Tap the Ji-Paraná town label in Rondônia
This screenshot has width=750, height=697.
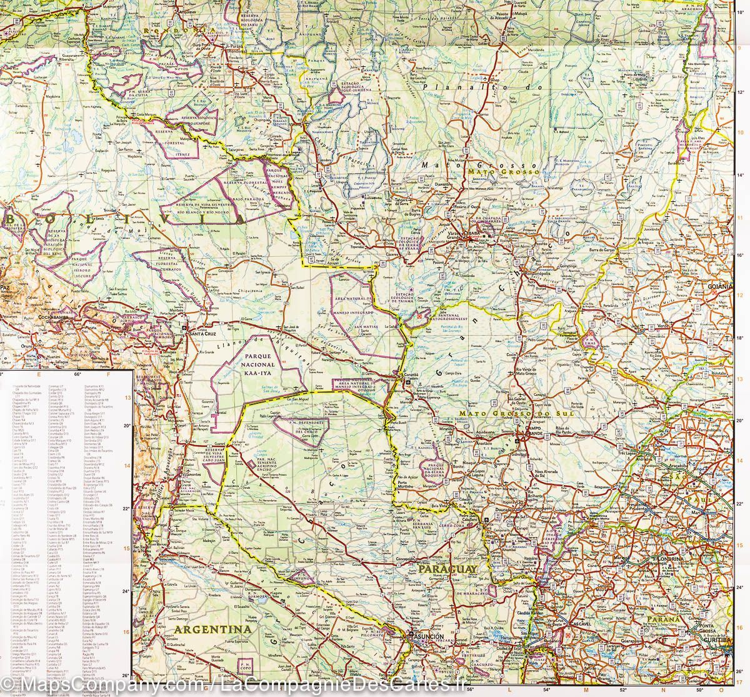[236, 46]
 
